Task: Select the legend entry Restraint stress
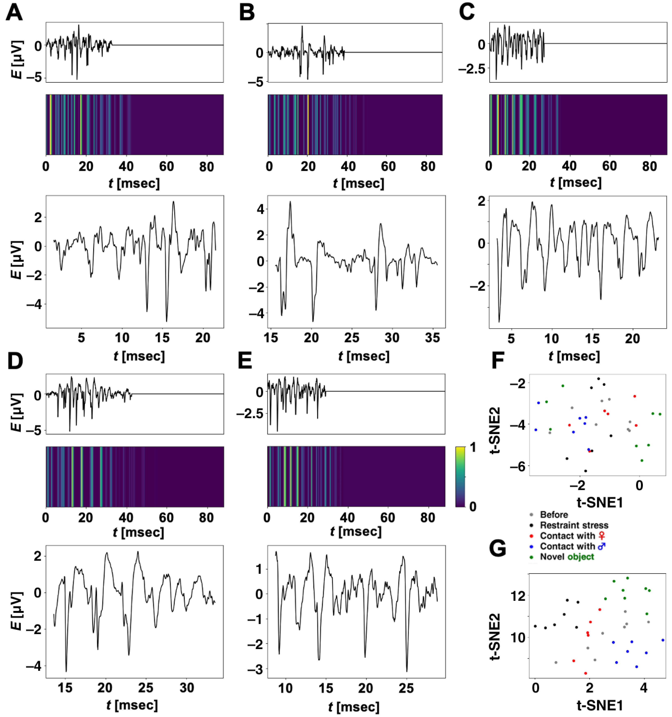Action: [x=574, y=525]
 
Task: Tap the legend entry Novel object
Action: [x=566, y=557]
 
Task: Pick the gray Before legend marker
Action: [x=531, y=515]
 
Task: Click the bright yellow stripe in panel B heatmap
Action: [x=308, y=124]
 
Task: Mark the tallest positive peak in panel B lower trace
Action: [x=290, y=202]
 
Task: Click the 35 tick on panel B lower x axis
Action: [x=432, y=338]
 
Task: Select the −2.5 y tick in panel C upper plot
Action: [x=472, y=69]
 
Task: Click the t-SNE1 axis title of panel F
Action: [x=600, y=502]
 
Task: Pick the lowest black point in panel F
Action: [x=585, y=471]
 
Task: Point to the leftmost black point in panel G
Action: [x=535, y=626]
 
